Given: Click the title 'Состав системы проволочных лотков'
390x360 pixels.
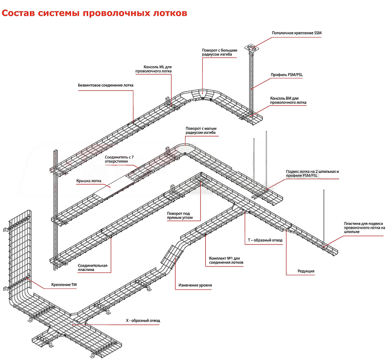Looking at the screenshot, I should [94, 13].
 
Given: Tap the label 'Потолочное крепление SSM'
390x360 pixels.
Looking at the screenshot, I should [296, 33].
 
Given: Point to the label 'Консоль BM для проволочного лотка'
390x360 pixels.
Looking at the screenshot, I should [288, 100].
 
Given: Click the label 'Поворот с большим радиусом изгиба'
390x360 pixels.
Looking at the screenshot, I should [220, 52].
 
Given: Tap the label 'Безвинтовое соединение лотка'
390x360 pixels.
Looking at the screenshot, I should [105, 85].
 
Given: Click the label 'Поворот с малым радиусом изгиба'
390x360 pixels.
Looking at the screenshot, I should [201, 131].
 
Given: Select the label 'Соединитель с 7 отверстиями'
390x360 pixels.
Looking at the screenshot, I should [117, 159].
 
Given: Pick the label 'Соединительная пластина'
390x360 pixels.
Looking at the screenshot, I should [93, 267].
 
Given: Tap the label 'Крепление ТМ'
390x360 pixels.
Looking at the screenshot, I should [64, 285].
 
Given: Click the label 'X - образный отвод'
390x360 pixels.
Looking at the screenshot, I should [143, 320].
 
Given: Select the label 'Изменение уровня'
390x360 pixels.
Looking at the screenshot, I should [195, 285].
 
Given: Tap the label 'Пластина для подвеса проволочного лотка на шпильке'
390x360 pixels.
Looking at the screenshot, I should [365, 228].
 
